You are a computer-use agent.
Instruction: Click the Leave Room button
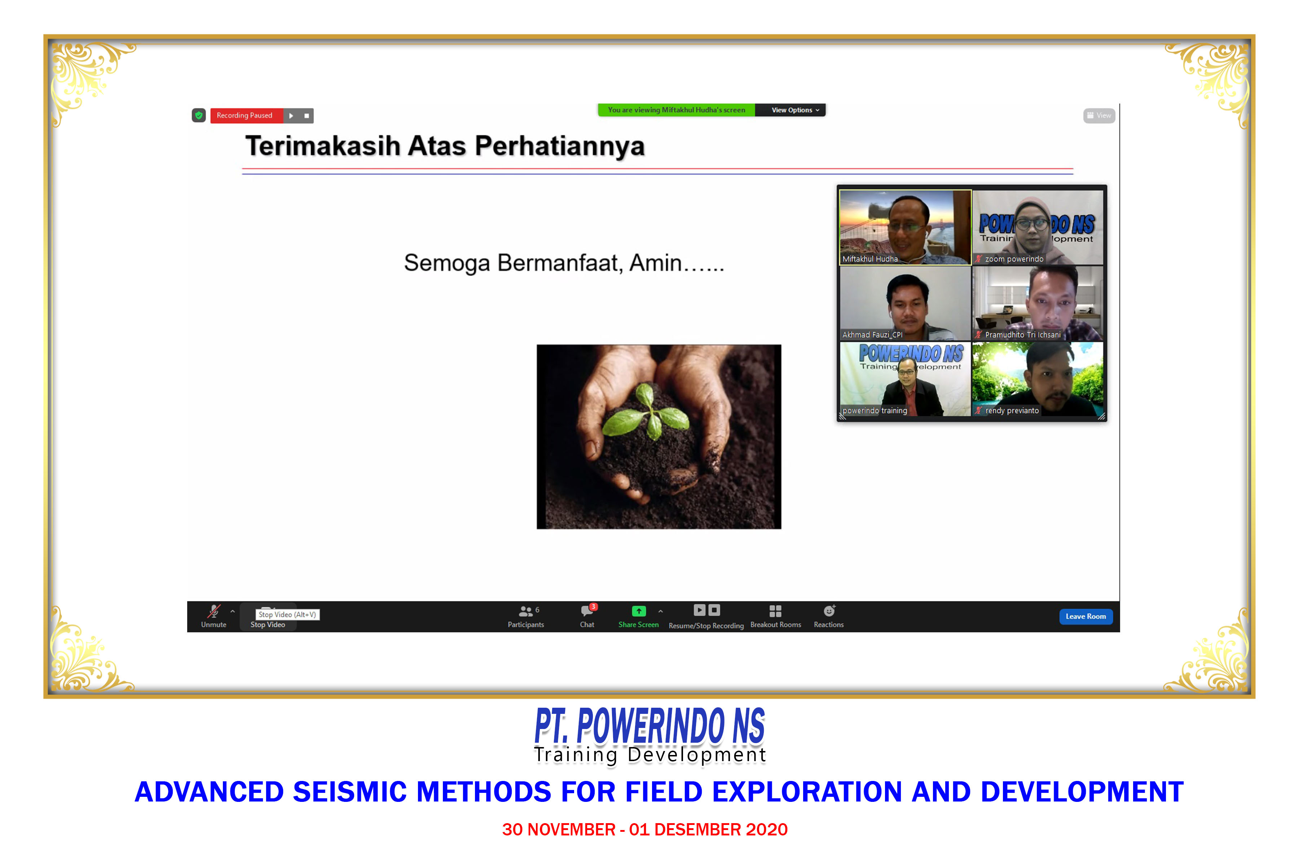click(x=1085, y=616)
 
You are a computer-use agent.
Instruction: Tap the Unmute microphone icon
click(x=213, y=611)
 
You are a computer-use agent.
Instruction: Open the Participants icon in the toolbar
click(x=525, y=611)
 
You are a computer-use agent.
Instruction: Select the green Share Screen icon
click(x=638, y=611)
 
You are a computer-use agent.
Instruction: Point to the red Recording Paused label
click(x=244, y=115)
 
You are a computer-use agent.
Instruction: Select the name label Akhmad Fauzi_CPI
click(x=872, y=334)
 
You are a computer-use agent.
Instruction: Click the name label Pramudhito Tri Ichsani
click(x=1022, y=334)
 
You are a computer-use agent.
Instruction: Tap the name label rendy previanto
click(x=1012, y=410)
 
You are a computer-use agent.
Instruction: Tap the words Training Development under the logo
click(x=649, y=755)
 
